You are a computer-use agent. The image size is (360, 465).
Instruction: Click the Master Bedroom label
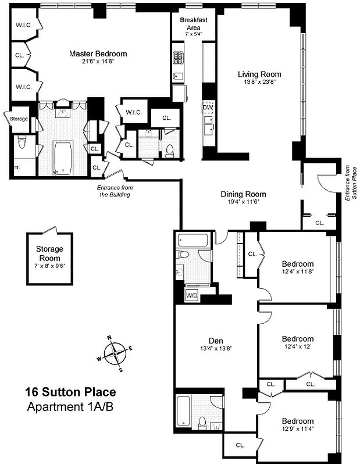pyautogui.click(x=98, y=54)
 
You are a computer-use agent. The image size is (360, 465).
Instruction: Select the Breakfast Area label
pyautogui.click(x=194, y=24)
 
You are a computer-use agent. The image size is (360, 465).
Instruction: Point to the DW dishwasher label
pyautogui.click(x=208, y=108)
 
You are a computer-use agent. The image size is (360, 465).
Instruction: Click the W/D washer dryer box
pyautogui.click(x=192, y=296)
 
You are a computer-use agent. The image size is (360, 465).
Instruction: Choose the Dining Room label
pyautogui.click(x=243, y=195)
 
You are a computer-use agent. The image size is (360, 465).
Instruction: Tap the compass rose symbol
pyautogui.click(x=115, y=353)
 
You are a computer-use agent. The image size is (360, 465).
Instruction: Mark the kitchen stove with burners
pyautogui.click(x=179, y=58)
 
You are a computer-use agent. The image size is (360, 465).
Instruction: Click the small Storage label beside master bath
pyautogui.click(x=19, y=119)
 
